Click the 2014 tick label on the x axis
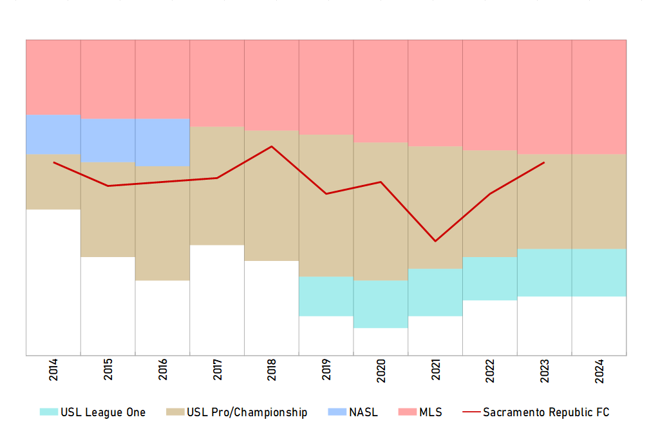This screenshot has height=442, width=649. [53, 373]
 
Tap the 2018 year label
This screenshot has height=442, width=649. [272, 373]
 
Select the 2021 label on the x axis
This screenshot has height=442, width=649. [435, 373]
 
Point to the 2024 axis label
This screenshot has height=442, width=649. [599, 373]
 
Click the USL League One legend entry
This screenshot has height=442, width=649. [94, 412]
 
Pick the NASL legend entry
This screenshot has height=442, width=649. [353, 412]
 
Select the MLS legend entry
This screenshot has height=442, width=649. [421, 412]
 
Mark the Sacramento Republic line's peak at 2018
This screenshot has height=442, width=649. [272, 146]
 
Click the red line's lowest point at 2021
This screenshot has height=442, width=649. [435, 241]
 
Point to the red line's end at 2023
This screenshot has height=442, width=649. [545, 162]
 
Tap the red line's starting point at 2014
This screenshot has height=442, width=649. [53, 162]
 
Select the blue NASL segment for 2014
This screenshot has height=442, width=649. [53, 134]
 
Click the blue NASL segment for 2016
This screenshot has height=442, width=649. [162, 142]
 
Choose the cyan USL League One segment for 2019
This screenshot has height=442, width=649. [326, 296]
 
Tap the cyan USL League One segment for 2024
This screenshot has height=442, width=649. [599, 272]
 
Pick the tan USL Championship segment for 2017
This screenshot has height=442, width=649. [217, 186]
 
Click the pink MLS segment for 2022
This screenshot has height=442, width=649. [490, 95]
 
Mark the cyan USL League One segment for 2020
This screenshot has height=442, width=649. [381, 303]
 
